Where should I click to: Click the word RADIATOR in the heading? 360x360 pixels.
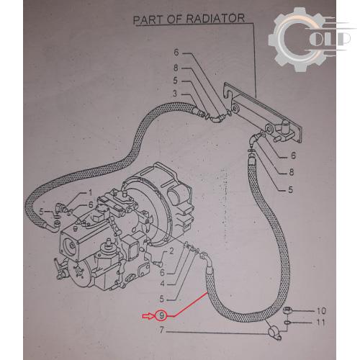coord(215,19)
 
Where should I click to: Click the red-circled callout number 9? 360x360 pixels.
coord(162,315)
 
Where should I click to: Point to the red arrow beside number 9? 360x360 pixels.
coord(148,316)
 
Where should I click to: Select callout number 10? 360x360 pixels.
coord(321,311)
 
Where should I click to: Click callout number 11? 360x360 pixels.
coord(320,322)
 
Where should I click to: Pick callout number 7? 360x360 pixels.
coord(162,330)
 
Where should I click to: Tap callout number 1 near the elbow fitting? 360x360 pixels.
coord(90,192)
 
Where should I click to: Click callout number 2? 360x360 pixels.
coord(171,251)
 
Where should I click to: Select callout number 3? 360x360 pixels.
coord(175,94)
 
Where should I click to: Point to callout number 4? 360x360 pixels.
coord(163,284)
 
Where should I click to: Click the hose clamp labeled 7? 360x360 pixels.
coord(274,332)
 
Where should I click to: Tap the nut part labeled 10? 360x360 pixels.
coord(287,310)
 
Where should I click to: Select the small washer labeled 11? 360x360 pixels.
coord(287,323)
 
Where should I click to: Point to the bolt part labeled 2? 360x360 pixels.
coord(158,264)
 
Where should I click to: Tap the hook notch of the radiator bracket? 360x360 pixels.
coord(227,92)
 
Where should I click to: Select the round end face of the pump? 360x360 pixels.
coord(71,248)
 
